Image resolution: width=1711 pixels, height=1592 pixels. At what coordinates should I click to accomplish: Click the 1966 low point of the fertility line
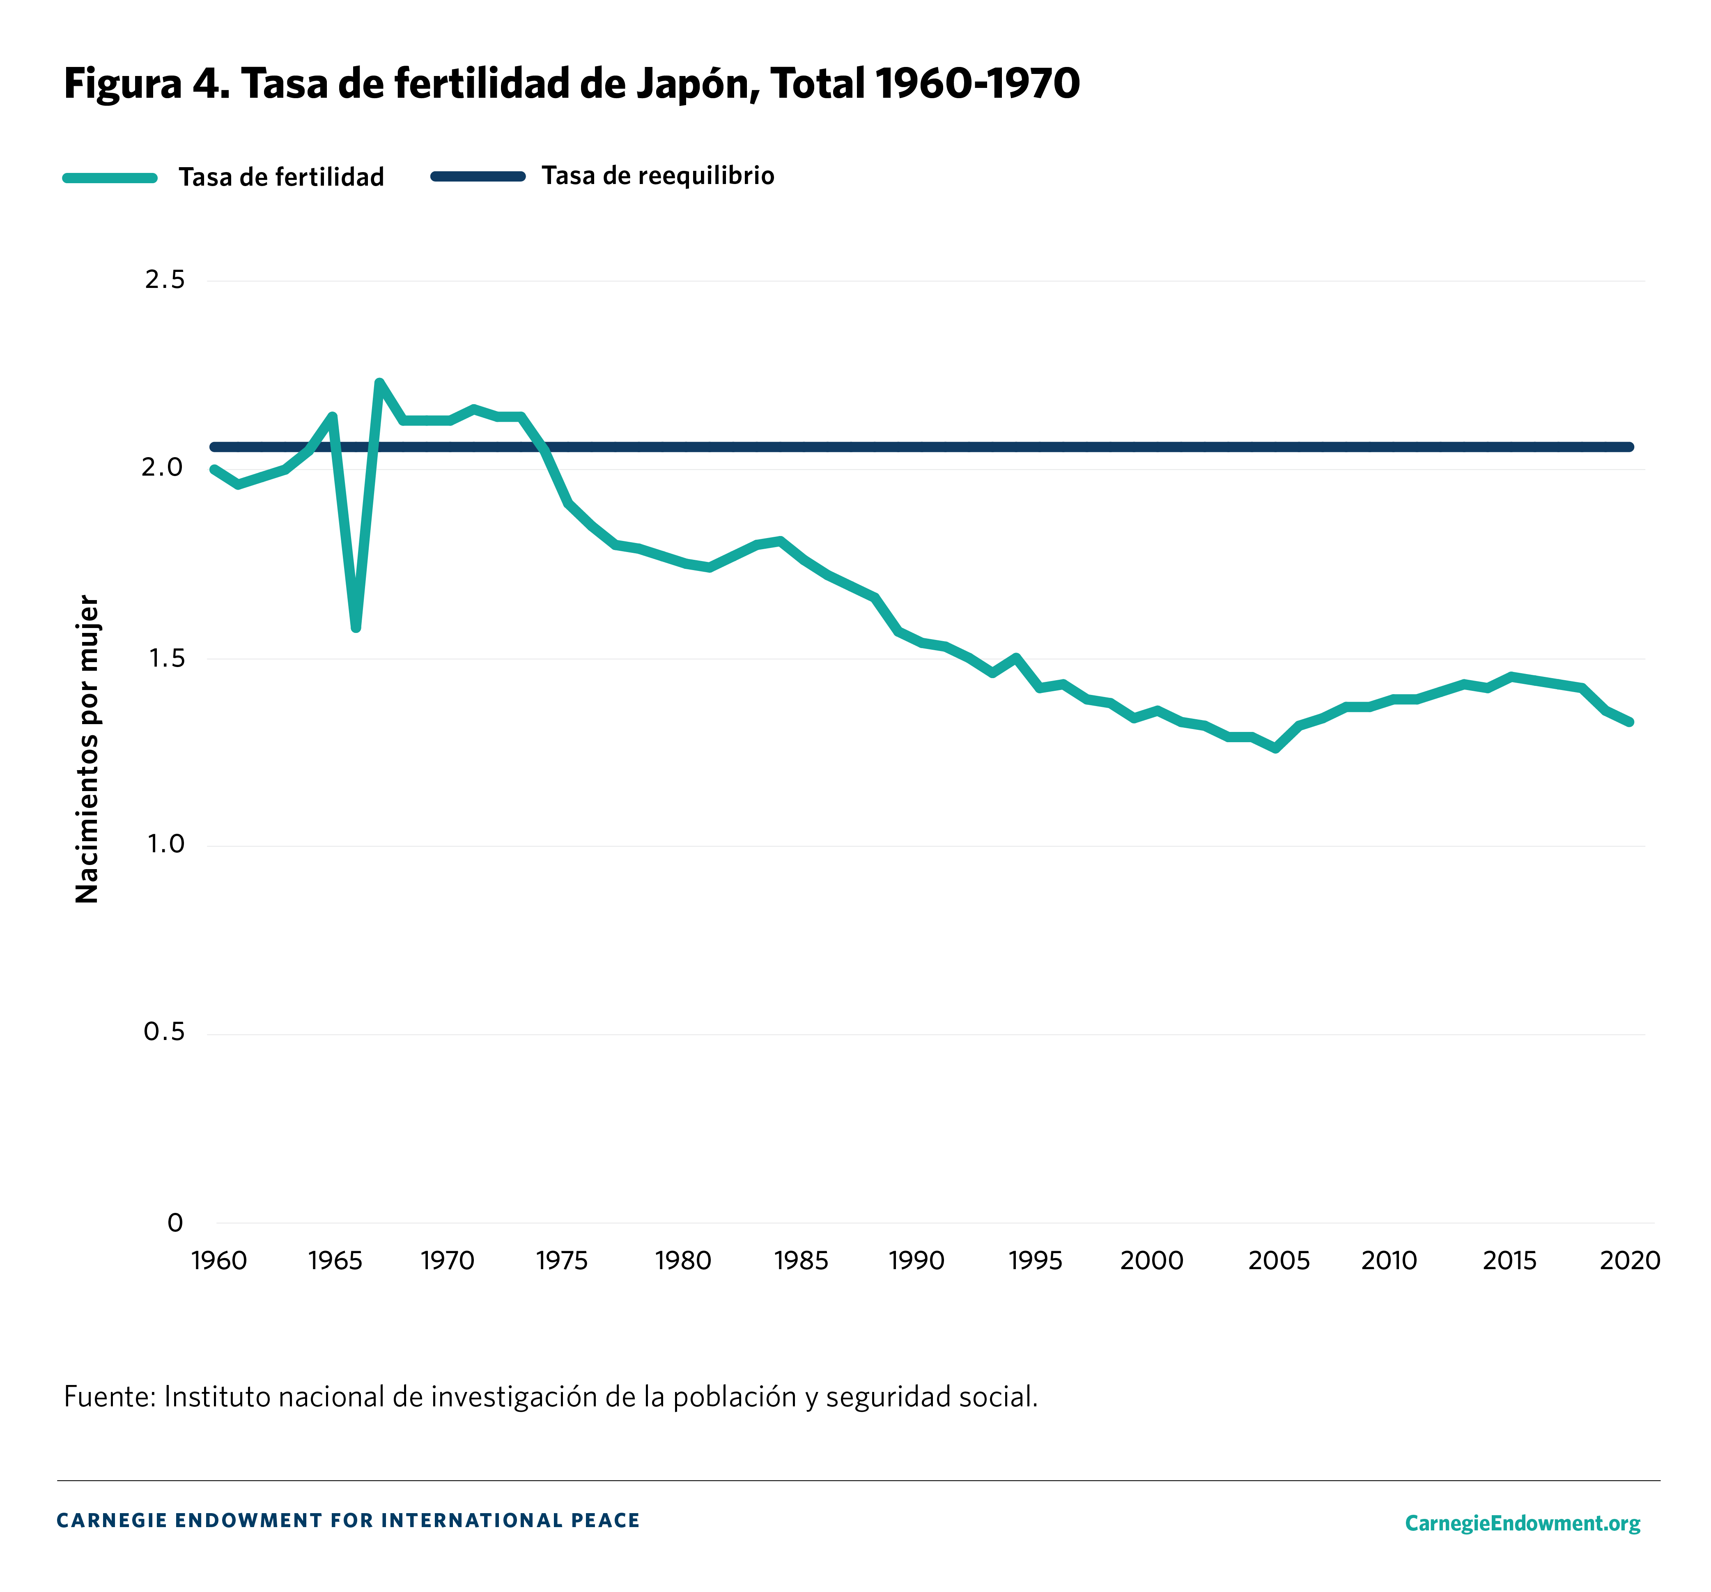click(356, 628)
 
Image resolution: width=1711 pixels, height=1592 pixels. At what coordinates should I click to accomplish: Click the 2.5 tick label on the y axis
click(164, 280)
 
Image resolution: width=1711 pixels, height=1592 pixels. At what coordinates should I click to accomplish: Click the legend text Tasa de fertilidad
click(281, 177)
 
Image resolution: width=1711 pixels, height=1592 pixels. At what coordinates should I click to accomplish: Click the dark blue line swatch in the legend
click(478, 177)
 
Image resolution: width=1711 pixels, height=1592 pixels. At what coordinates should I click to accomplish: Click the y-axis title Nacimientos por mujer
click(88, 749)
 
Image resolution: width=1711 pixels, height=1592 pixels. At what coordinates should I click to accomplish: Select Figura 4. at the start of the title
click(146, 84)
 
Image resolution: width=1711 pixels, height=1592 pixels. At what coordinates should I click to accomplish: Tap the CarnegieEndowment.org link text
click(1522, 1523)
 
